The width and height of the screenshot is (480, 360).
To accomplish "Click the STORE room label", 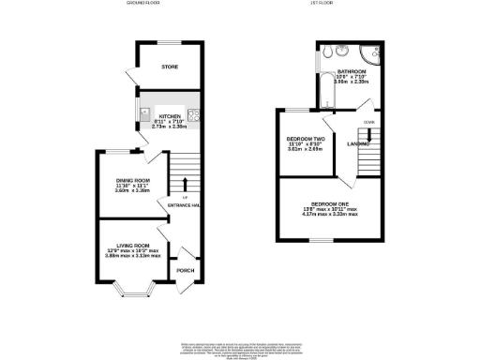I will pos(169,67).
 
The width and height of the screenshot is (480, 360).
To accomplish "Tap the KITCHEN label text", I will pos(170,116).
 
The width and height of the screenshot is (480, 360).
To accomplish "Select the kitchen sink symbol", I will pos(146,116).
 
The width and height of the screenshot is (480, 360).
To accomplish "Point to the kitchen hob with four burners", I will pos(194,116).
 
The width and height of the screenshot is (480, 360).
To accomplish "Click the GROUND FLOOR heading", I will pos(145,4).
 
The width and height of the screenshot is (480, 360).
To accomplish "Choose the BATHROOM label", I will pos(352,71).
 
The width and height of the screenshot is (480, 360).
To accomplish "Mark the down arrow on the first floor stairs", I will pos(368,135).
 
